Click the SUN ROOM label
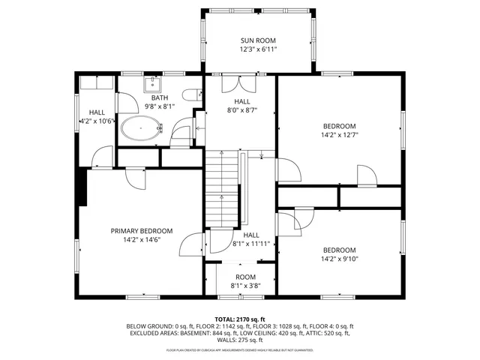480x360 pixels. point(258,40)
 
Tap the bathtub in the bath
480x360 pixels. point(142,128)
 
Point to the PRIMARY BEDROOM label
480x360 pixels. point(142,230)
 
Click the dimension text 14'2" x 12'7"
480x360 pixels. point(339,136)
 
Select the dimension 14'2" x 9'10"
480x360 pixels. point(339,259)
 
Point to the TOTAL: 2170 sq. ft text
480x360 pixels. point(239,319)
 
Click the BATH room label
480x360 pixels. point(159,97)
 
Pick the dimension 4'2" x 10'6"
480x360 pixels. point(95,121)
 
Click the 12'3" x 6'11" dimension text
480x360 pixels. point(258,49)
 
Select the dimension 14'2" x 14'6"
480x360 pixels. point(142,240)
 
